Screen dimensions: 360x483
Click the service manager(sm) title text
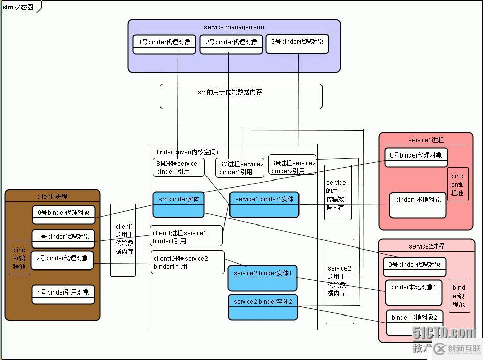pyautogui.click(x=234, y=27)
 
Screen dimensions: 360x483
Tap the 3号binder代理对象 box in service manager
pyautogui.click(x=297, y=42)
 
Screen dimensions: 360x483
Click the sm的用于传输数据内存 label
pyautogui.click(x=229, y=93)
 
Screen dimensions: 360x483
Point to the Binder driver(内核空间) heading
pyautogui.click(x=186, y=152)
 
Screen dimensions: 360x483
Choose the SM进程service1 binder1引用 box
pyautogui.click(x=178, y=167)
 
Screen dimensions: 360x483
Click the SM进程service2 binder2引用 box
pyautogui.click(x=293, y=167)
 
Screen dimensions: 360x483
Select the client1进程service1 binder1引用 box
pyautogui.click(x=186, y=236)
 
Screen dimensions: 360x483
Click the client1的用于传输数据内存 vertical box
pyautogui.click(x=124, y=239)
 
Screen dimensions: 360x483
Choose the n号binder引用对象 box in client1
pyautogui.click(x=63, y=293)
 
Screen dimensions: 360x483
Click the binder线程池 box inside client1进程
pyautogui.click(x=19, y=258)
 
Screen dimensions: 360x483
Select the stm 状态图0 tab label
pyautogui.click(x=19, y=7)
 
